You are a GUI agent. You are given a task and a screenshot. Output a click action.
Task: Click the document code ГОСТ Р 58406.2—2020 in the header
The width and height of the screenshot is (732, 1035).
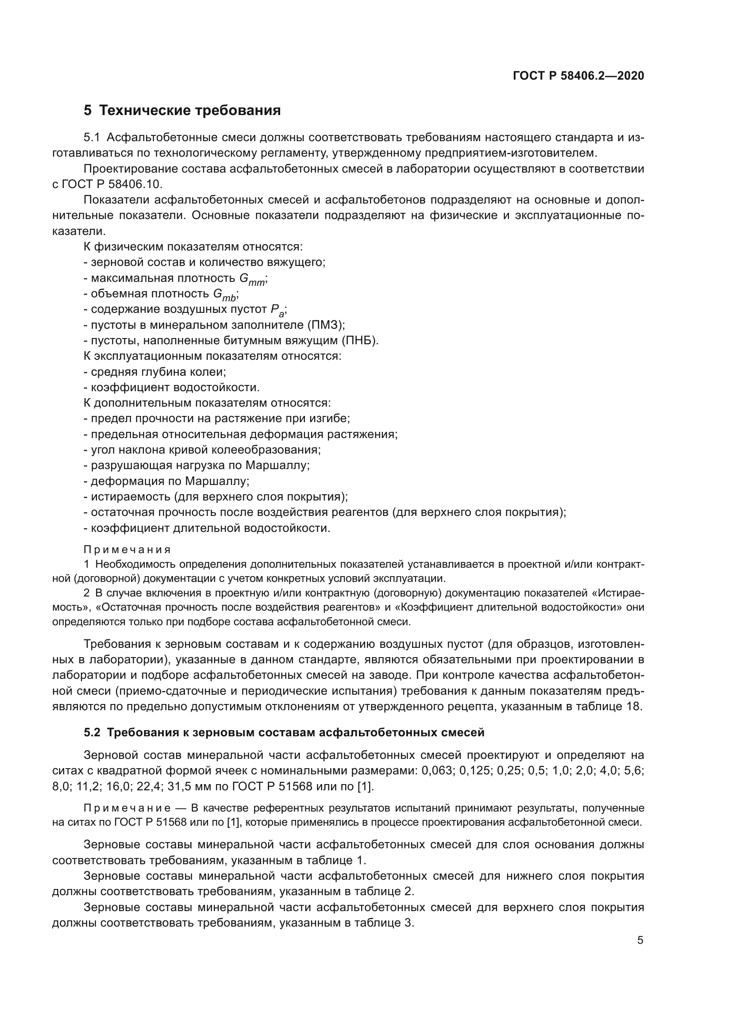pos(578,76)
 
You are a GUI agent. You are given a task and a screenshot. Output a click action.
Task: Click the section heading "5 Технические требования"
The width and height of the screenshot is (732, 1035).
pos(182,111)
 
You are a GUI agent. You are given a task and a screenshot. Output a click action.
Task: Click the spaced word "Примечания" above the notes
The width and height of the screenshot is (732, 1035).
pos(127,550)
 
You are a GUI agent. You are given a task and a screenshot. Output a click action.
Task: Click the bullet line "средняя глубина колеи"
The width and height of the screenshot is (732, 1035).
pos(154,372)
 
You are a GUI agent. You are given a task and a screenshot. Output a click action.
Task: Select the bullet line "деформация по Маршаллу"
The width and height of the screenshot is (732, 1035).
pos(166,481)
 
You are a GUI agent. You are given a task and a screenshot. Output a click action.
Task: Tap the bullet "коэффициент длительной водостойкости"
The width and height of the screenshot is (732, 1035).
pos(207,528)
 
